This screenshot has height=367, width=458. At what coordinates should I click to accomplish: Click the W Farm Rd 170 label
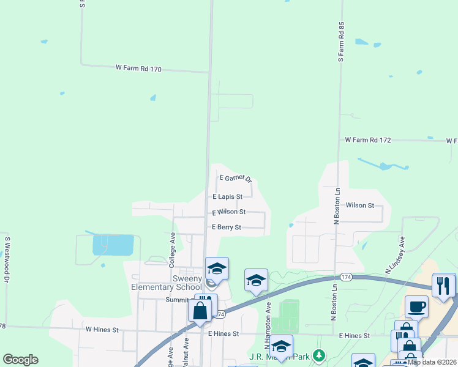click(138, 69)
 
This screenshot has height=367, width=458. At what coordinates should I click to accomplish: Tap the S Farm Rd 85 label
click(342, 42)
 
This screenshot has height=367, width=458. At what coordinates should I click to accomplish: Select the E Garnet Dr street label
click(236, 178)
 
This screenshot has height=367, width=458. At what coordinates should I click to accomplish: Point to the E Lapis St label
click(227, 197)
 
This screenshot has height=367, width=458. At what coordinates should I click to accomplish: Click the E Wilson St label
click(228, 212)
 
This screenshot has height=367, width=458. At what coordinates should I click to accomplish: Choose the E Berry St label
click(227, 227)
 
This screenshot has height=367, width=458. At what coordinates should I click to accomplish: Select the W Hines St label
click(102, 329)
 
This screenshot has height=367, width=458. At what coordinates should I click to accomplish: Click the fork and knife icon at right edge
click(443, 284)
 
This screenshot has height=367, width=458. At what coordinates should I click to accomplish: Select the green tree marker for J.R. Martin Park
click(318, 355)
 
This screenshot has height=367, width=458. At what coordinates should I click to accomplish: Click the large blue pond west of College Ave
click(113, 245)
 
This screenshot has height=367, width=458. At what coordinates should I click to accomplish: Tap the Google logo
click(20, 360)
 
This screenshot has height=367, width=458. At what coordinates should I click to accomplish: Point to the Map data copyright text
click(432, 362)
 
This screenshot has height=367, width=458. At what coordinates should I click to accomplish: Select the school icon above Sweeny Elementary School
click(217, 268)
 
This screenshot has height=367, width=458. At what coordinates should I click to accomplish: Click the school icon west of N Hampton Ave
click(256, 280)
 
